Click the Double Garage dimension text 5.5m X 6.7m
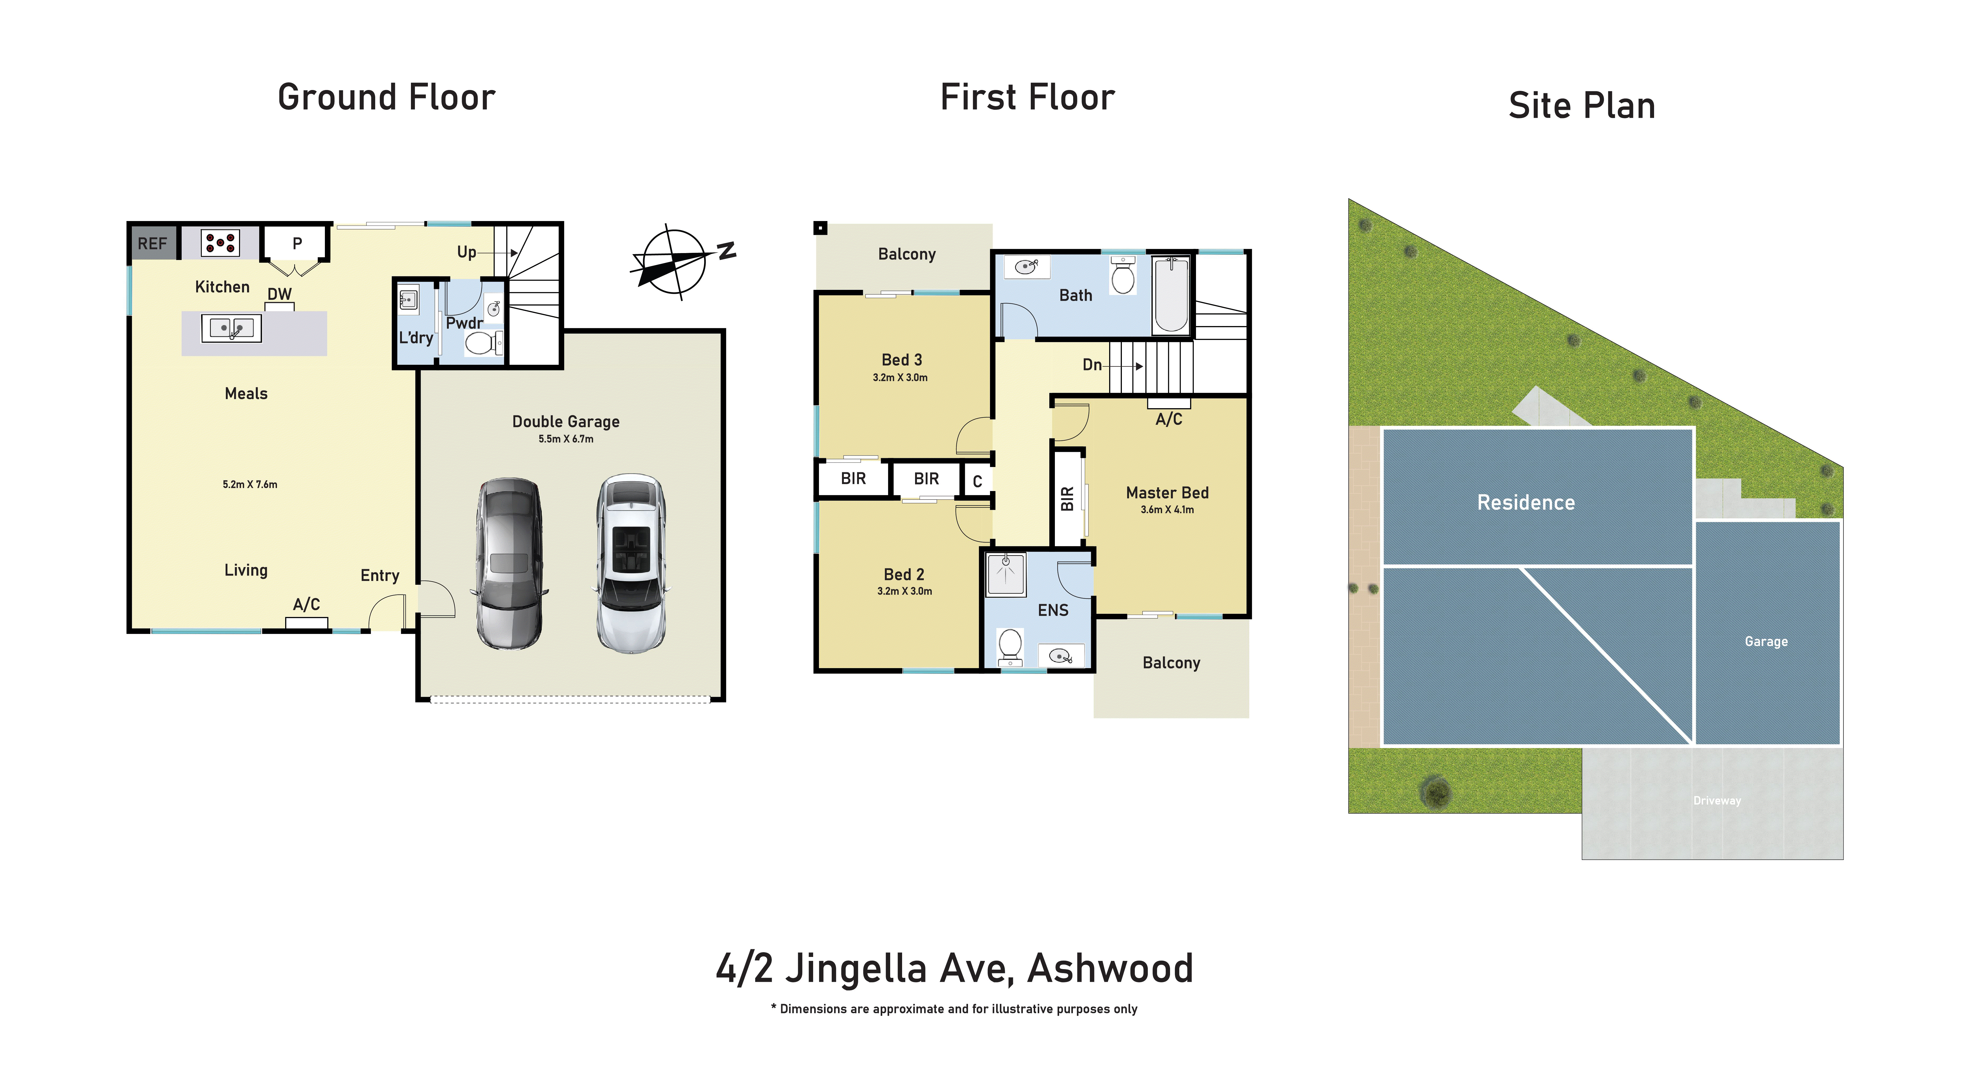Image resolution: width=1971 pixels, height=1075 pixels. pos(566,439)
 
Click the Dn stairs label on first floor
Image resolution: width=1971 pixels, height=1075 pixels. pos(1092,365)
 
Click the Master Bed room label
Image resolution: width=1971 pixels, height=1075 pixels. pos(1167,493)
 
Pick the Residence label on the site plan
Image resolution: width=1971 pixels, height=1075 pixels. pos(1526,503)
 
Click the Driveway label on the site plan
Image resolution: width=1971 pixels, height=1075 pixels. pos(1717,800)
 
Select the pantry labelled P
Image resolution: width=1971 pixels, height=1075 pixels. pos(297,243)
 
